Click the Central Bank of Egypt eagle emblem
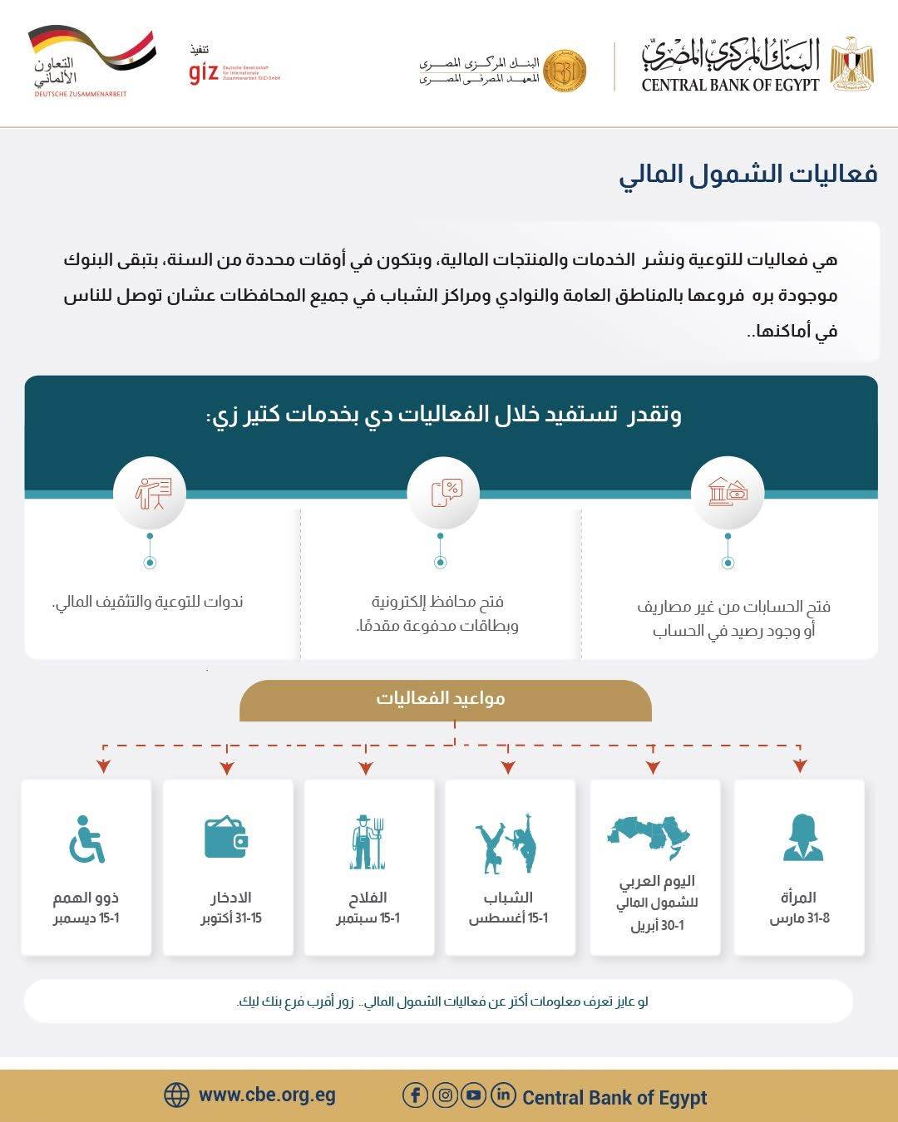tap(851, 63)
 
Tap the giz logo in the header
tap(204, 73)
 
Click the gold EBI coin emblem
tap(565, 71)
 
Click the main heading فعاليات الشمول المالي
tap(748, 174)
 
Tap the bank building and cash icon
tap(728, 492)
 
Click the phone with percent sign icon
tap(443, 492)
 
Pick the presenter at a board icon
tap(150, 492)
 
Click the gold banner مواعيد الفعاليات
tap(445, 698)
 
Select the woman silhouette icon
tap(802, 838)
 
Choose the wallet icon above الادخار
tap(226, 837)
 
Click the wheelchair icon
tap(86, 839)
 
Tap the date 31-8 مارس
tap(799, 918)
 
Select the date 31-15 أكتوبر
tap(231, 918)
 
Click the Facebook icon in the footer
tap(415, 1095)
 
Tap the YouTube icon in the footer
tap(473, 1095)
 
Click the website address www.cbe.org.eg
tap(267, 1095)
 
